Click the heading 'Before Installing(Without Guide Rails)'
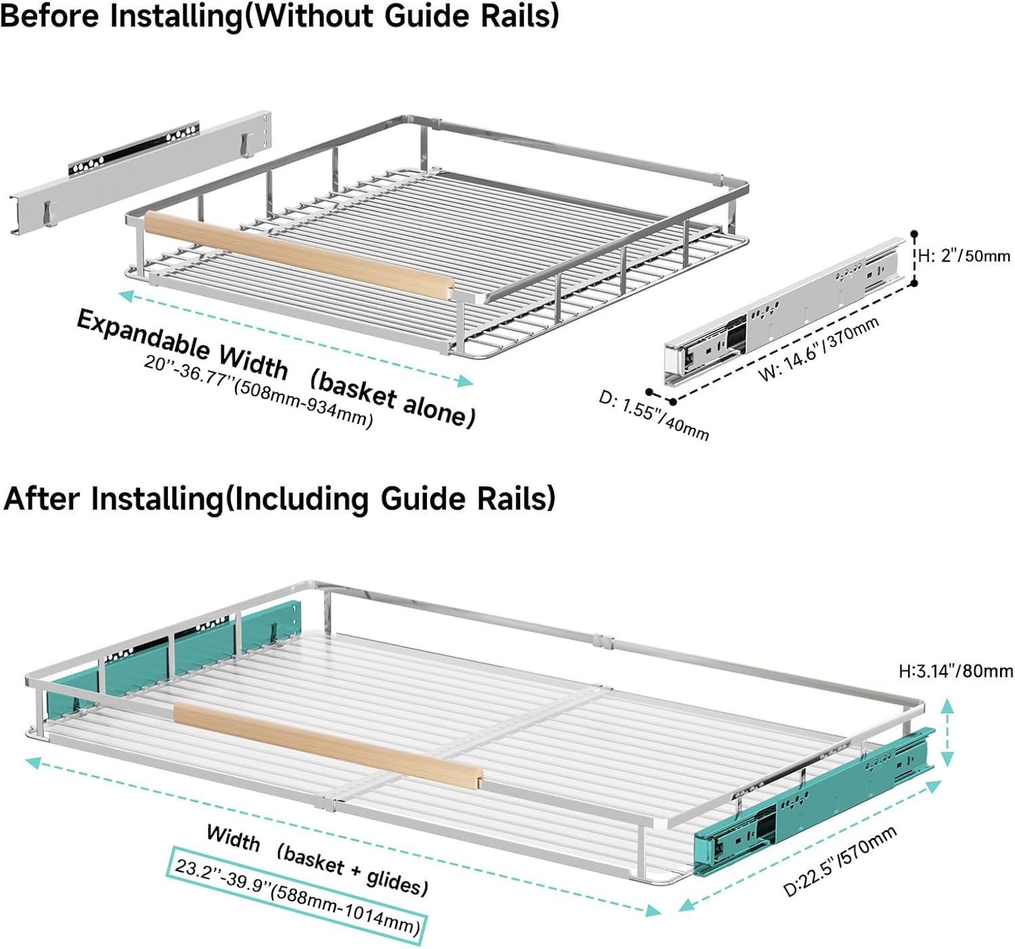point(279,16)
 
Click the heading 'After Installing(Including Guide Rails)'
point(279,499)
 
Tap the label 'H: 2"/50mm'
point(964,256)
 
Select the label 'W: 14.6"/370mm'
point(819,349)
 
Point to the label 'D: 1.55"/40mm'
point(654,415)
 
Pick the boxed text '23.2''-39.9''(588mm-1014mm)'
point(296,895)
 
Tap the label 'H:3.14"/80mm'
point(955,671)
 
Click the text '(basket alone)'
point(392,399)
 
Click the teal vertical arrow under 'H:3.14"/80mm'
point(947,732)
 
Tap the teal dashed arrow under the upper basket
point(295,338)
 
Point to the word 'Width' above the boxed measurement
point(233,838)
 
